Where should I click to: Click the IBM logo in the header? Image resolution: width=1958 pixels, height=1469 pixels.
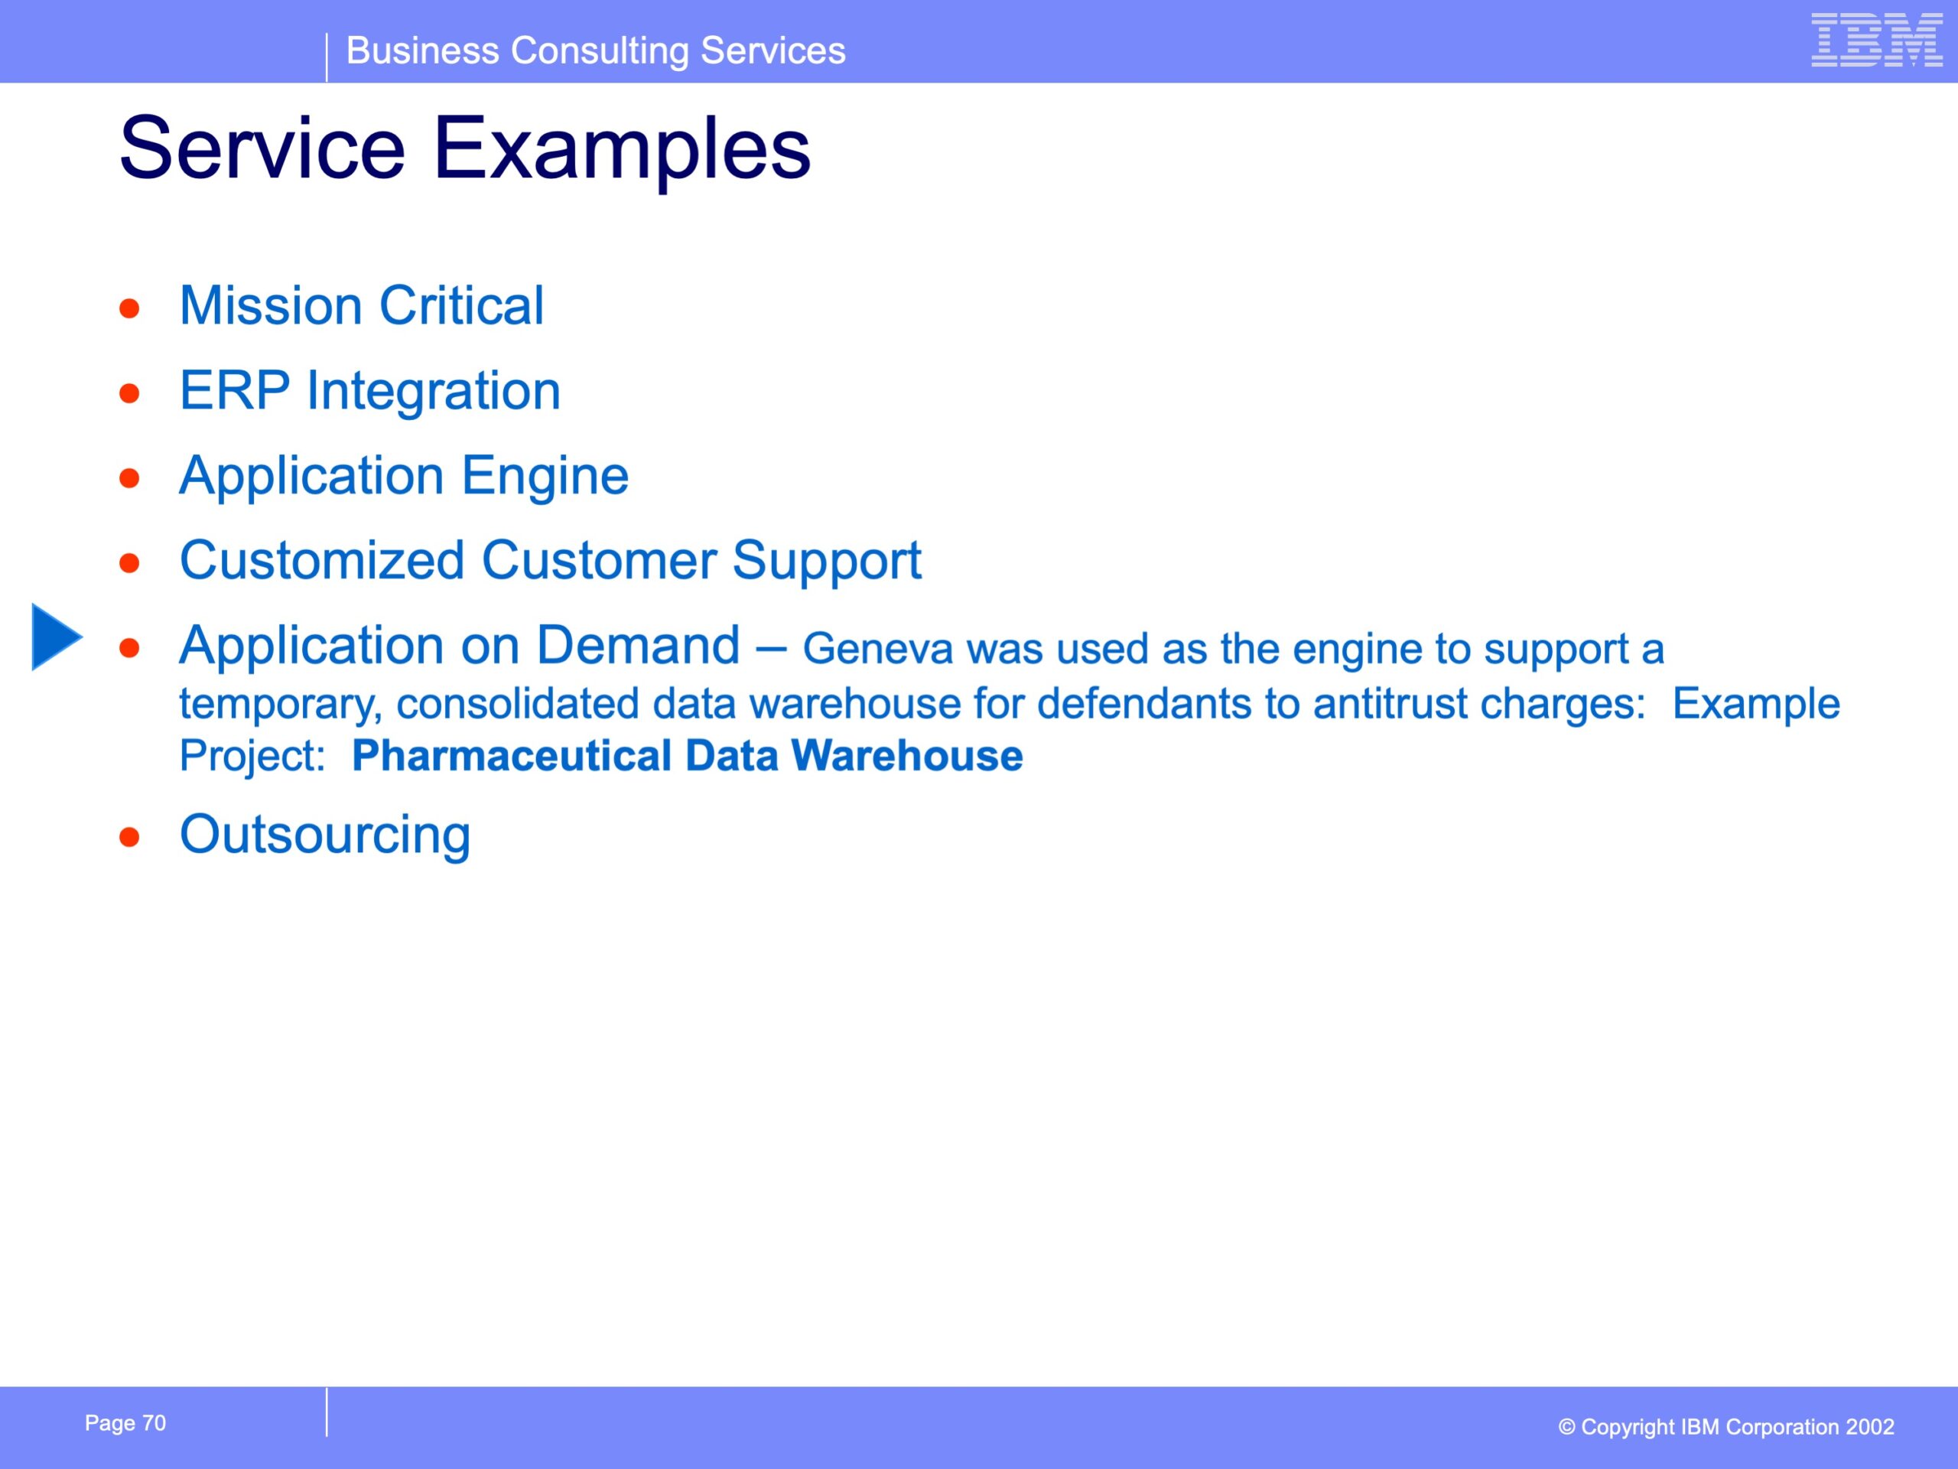coord(1877,40)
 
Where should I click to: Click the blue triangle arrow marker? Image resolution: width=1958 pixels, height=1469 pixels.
coord(57,637)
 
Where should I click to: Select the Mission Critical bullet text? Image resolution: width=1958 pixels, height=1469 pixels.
coord(361,305)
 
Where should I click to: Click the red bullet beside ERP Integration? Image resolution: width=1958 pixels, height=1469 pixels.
coord(130,392)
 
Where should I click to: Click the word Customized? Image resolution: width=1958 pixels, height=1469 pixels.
coord(322,561)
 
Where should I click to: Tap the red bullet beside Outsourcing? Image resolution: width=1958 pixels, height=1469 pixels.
coord(130,837)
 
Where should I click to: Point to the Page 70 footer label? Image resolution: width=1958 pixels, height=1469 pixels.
coord(125,1423)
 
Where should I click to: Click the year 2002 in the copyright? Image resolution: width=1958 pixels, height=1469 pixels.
coord(1869,1428)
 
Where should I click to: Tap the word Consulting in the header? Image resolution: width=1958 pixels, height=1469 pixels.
coord(600,51)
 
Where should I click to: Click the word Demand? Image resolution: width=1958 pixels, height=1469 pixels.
coord(637,646)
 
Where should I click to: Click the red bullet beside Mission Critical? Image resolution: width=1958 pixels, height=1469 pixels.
coord(130,308)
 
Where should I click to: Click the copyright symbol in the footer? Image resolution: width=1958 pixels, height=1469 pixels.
coord(1566,1428)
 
